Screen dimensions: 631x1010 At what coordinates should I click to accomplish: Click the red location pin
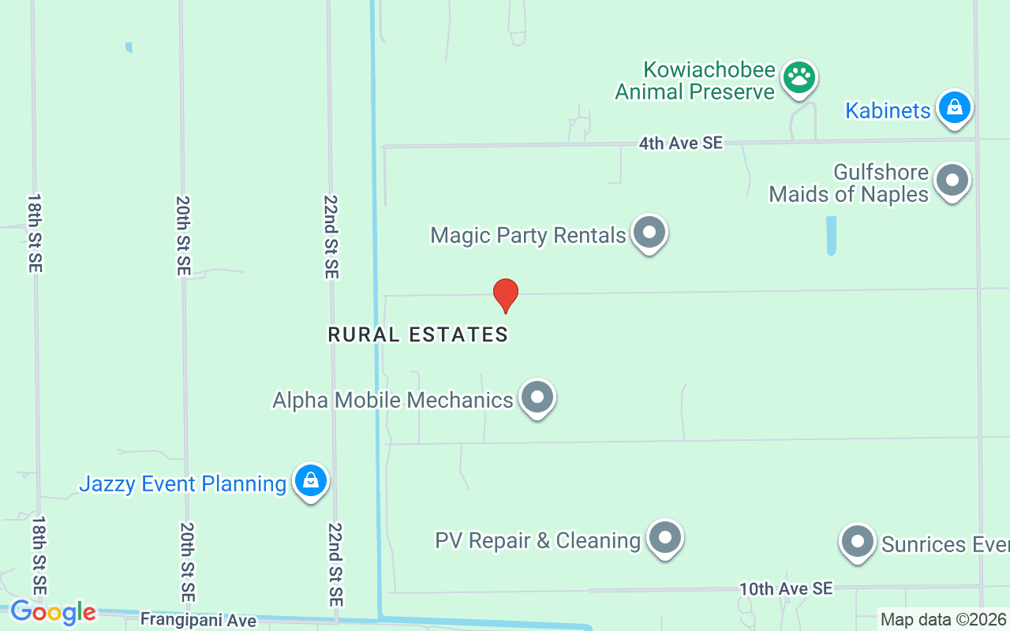tap(506, 294)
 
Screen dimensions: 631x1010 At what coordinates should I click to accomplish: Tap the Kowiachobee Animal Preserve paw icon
tap(799, 77)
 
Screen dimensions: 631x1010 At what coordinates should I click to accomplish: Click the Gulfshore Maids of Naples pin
tap(952, 181)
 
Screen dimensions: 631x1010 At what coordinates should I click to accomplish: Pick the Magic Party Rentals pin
tap(649, 233)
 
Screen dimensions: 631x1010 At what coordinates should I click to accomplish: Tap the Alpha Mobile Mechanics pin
tap(537, 398)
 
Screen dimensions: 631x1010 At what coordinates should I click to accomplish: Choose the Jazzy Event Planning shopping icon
tap(311, 480)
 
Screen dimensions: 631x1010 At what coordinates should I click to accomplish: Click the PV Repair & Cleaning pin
tap(665, 538)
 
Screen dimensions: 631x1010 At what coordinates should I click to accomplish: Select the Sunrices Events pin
tap(857, 542)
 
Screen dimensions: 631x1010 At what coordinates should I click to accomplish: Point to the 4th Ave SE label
tap(680, 143)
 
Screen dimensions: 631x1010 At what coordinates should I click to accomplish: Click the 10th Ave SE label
tap(785, 588)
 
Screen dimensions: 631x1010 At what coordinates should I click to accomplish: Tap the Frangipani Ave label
tap(198, 620)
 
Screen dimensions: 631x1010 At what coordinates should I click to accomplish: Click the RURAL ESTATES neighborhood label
tap(417, 334)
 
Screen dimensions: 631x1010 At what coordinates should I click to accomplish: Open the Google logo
tap(53, 611)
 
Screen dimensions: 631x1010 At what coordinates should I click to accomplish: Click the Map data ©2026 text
tap(943, 619)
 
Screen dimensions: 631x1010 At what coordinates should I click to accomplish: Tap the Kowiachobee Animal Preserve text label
tap(695, 81)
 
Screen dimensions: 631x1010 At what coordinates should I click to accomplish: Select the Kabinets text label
tap(888, 110)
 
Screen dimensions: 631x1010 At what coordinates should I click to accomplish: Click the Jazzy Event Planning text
tap(182, 484)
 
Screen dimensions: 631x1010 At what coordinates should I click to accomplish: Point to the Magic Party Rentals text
tap(528, 235)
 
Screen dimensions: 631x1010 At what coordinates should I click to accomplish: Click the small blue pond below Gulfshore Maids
tap(831, 235)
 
